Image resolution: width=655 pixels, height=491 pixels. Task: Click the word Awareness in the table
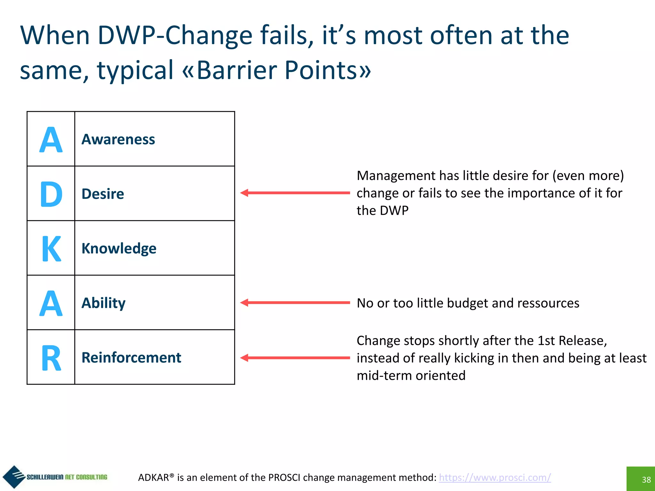(118, 139)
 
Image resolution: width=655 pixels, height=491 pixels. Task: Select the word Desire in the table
(103, 194)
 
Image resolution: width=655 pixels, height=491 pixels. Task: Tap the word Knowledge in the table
(119, 248)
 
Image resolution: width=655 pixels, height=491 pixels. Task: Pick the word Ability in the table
(103, 303)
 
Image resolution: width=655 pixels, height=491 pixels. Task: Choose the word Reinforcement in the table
(131, 358)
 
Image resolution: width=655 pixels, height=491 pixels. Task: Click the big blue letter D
(51, 194)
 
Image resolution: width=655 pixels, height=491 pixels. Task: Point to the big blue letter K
(51, 249)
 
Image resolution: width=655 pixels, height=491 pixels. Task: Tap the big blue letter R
(51, 358)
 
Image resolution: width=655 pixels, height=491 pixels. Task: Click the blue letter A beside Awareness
(51, 140)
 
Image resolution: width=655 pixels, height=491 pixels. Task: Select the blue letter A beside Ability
(51, 303)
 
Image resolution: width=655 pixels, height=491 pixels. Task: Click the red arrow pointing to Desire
(295, 193)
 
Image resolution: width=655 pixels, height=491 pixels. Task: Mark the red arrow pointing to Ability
(295, 303)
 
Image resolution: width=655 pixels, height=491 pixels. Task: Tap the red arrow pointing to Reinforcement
(295, 358)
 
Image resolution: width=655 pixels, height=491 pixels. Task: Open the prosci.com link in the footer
(495, 477)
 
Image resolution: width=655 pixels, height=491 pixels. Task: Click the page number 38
(646, 479)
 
